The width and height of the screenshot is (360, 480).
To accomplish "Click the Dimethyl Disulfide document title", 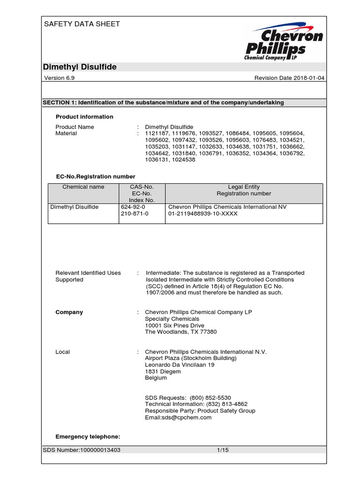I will pyautogui.click(x=80, y=67).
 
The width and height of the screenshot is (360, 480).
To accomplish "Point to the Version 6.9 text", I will pyautogui.click(x=59, y=78).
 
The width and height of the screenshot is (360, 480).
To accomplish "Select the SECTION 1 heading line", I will pyautogui.click(x=163, y=103).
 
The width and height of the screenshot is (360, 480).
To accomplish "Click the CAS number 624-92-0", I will pyautogui.click(x=134, y=207).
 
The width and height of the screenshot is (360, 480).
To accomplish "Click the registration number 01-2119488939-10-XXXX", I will pyautogui.click(x=203, y=214).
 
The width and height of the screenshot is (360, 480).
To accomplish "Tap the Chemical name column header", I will pyautogui.click(x=83, y=187).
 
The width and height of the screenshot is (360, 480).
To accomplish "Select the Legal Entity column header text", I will pyautogui.click(x=244, y=187).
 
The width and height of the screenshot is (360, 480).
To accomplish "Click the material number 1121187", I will pyautogui.click(x=158, y=134).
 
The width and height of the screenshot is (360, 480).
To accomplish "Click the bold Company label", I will pyautogui.click(x=69, y=312).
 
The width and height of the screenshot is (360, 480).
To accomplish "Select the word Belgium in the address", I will pyautogui.click(x=156, y=378).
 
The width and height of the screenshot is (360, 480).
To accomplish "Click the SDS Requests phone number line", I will pyautogui.click(x=188, y=397).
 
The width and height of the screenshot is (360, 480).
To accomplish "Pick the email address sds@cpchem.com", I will pyautogui.click(x=178, y=417).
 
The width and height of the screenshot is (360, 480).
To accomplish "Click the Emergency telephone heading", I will pyautogui.click(x=88, y=437).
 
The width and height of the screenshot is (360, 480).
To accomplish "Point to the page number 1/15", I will pyautogui.click(x=223, y=450).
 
